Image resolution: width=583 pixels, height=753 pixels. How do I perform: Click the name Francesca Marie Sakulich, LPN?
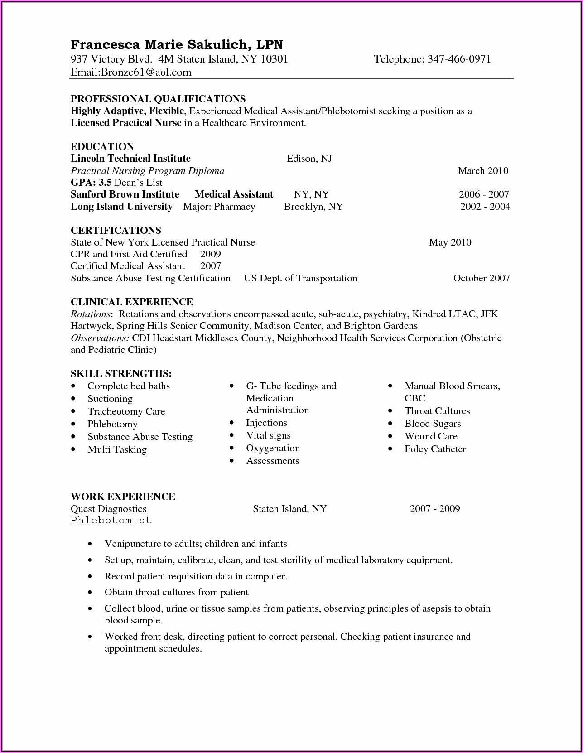pyautogui.click(x=177, y=44)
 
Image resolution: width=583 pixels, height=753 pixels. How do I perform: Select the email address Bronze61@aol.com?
pyautogui.click(x=146, y=72)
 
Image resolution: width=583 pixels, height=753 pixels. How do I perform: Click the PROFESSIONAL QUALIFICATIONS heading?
pyautogui.click(x=158, y=99)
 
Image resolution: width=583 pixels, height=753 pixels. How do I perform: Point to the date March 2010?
pyautogui.click(x=483, y=170)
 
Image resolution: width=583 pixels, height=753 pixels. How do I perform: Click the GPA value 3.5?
pyautogui.click(x=105, y=182)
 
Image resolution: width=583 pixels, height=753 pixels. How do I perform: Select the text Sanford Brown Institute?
pyautogui.click(x=125, y=194)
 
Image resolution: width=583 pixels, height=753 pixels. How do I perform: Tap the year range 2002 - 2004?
pyautogui.click(x=485, y=207)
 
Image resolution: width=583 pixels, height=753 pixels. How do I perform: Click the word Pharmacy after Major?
pyautogui.click(x=234, y=207)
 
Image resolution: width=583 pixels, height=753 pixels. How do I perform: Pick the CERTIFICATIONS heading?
pyautogui.click(x=116, y=230)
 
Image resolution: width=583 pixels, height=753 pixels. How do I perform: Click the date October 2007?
pyautogui.click(x=482, y=278)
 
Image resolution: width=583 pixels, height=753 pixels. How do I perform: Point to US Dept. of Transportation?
pyautogui.click(x=300, y=278)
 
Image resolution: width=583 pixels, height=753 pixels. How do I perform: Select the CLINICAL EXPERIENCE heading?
pyautogui.click(x=132, y=302)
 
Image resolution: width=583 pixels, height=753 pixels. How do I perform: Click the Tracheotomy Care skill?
pyautogui.click(x=126, y=411)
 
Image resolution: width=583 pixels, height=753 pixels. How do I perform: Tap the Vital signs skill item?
pyautogui.click(x=268, y=435)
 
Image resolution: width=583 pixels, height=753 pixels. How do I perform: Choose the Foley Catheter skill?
pyautogui.click(x=435, y=449)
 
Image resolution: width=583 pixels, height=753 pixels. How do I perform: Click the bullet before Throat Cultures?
pyautogui.click(x=390, y=411)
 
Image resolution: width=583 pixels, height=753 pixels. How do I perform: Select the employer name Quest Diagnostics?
pyautogui.click(x=108, y=509)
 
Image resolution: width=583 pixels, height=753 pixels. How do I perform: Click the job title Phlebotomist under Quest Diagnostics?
pyautogui.click(x=111, y=520)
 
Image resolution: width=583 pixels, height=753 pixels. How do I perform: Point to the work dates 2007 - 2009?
pyautogui.click(x=435, y=509)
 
